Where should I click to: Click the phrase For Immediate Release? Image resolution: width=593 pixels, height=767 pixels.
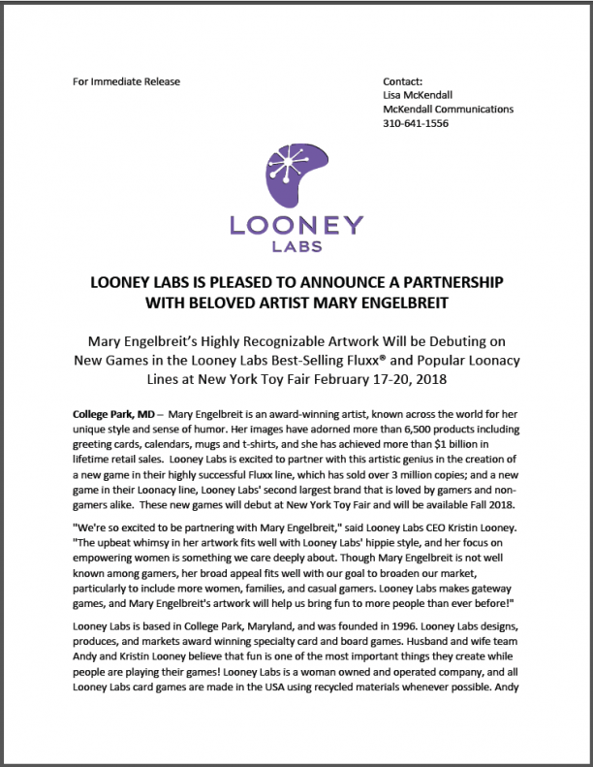(x=126, y=81)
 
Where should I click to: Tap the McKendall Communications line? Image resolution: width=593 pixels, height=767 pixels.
(x=448, y=110)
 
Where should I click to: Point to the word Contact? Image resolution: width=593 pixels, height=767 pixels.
(x=404, y=81)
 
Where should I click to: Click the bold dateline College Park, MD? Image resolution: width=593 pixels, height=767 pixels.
(x=111, y=414)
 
